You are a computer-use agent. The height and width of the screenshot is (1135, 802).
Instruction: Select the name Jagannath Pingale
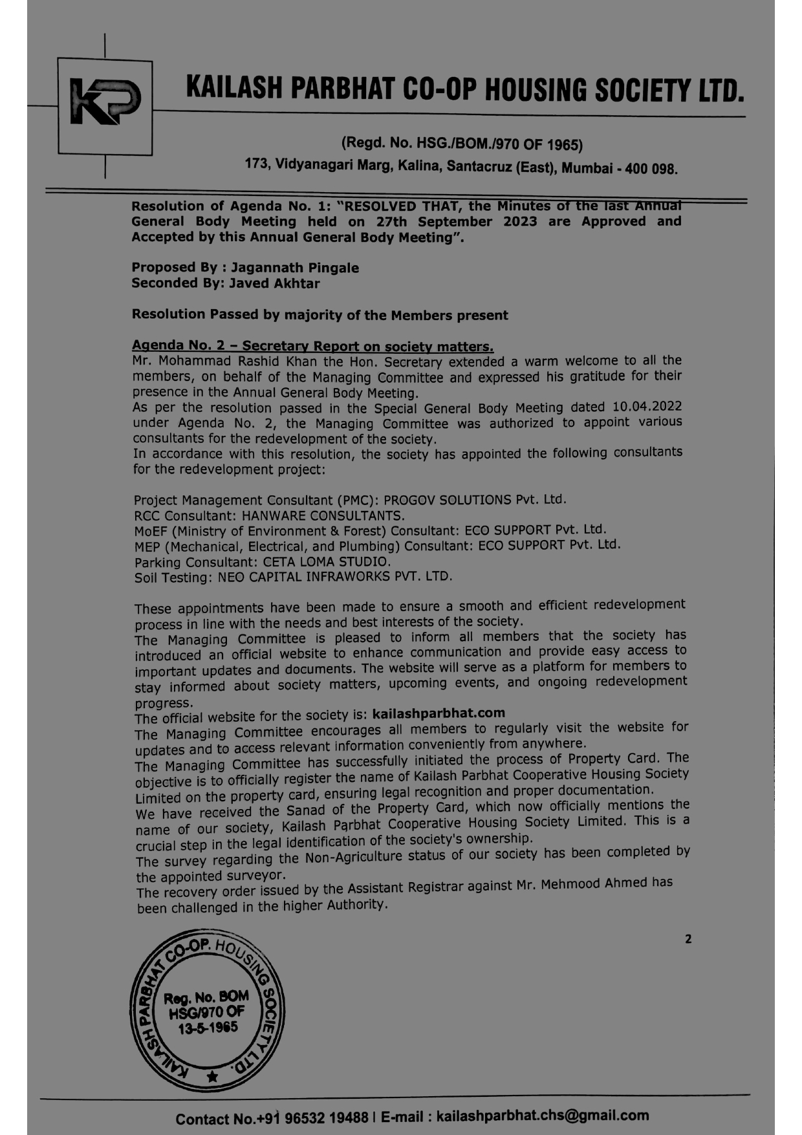[295, 268]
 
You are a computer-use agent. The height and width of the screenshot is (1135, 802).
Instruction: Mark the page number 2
[688, 939]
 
